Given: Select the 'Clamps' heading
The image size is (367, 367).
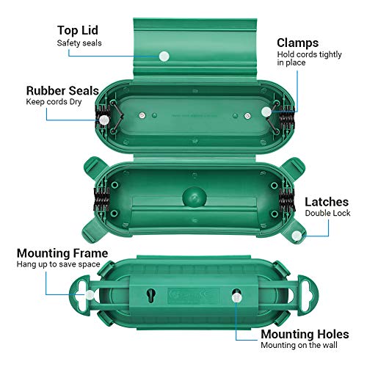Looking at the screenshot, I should (x=298, y=42).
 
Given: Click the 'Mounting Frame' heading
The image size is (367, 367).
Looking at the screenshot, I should (x=62, y=252).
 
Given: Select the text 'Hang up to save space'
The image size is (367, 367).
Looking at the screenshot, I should (x=62, y=266).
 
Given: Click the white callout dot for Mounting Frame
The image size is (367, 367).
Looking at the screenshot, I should (x=91, y=291).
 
